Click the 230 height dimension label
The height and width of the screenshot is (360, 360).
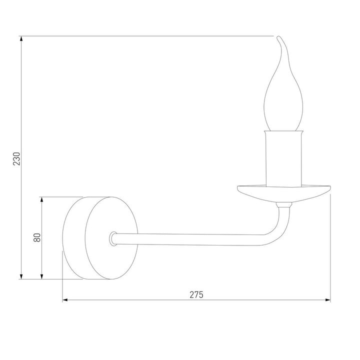(x=16, y=157)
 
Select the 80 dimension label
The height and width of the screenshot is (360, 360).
(x=36, y=237)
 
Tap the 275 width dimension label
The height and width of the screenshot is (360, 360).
(x=196, y=294)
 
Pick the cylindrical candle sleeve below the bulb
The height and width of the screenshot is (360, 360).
(x=284, y=157)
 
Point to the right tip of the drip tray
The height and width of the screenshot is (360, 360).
(x=330, y=188)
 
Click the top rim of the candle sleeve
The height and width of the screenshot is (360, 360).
(x=284, y=131)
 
